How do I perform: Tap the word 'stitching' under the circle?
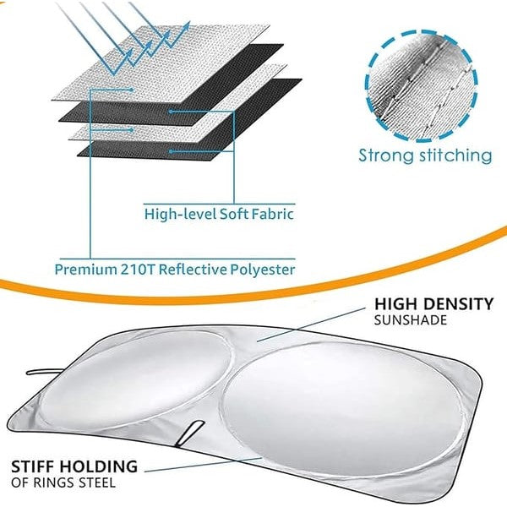click(453, 155)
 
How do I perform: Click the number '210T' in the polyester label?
click(135, 270)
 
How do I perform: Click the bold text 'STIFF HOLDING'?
click(74, 466)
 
